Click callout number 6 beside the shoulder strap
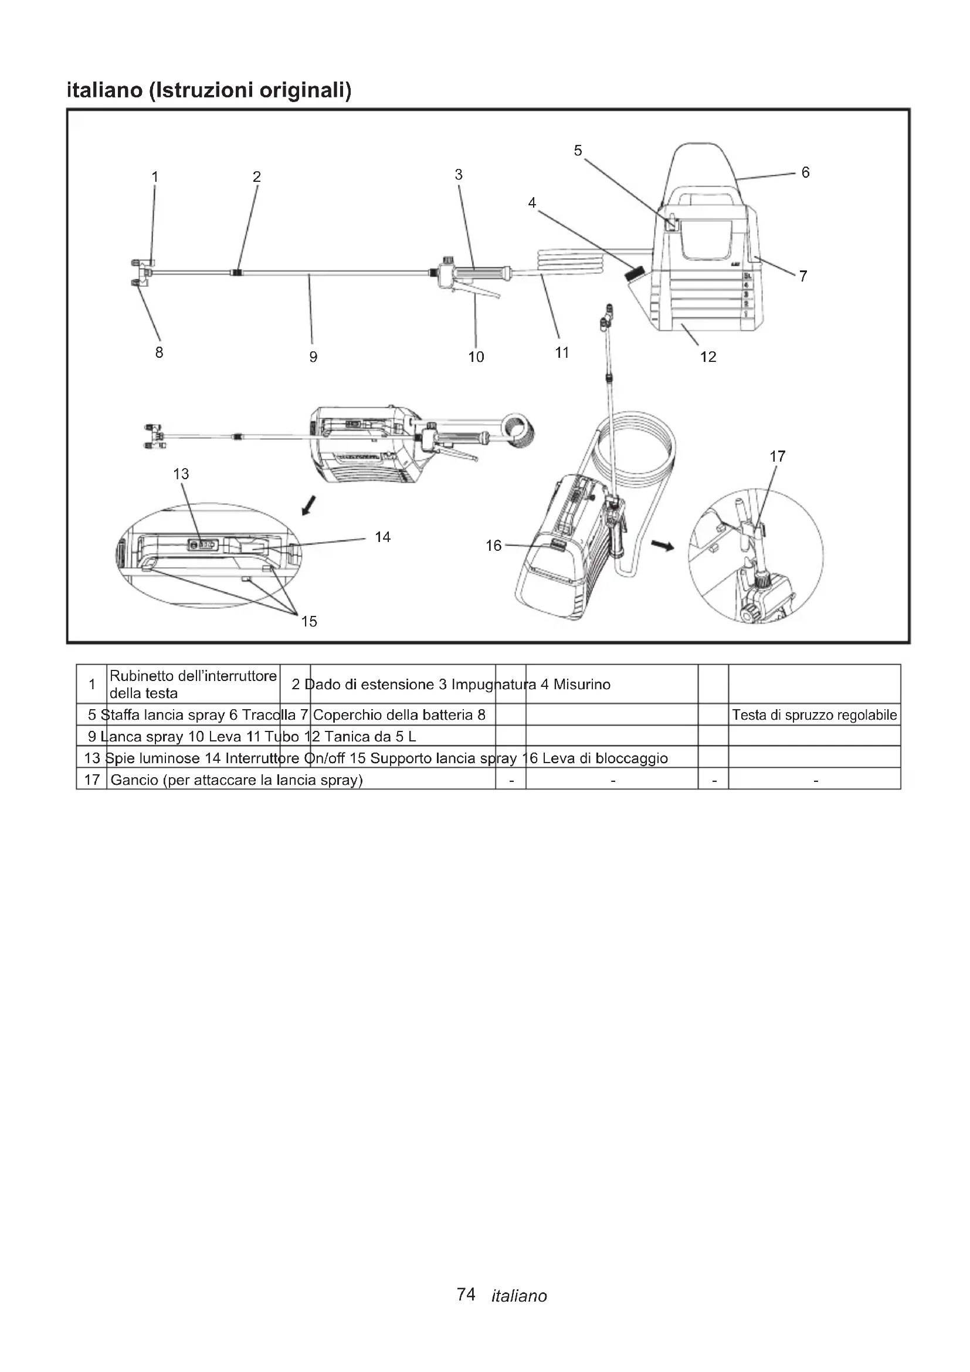pos(805,172)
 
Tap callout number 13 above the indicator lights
pos(181,474)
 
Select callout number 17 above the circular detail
pos(777,456)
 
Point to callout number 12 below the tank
pos(708,357)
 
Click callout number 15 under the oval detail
pos(309,621)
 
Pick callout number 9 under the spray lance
pos(313,357)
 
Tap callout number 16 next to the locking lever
pos(493,546)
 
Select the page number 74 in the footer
pos(466,1295)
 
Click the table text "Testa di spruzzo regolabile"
pos(814,715)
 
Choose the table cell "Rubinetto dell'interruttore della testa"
pos(193,684)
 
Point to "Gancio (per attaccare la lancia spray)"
pos(236,780)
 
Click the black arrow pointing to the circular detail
pos(662,545)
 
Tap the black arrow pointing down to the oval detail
pos(308,506)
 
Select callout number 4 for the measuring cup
pos(531,203)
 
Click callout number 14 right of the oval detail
pos(382,537)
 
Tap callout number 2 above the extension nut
pos(257,177)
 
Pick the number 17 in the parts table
pos(92,780)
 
